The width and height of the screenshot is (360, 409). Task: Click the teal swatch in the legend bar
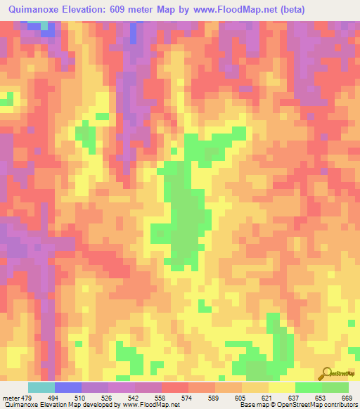point(41,387)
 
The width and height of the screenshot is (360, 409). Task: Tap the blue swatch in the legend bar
point(68,387)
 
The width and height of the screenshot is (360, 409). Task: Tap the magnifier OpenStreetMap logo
point(328,374)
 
